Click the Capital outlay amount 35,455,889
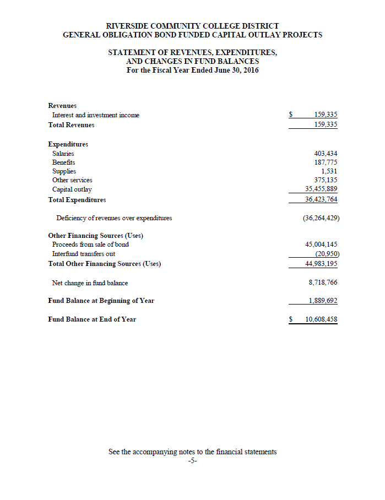click(x=322, y=189)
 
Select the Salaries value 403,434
click(x=326, y=154)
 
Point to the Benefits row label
click(x=64, y=162)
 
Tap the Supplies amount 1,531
click(x=329, y=171)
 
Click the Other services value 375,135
click(x=326, y=180)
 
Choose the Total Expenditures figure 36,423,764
click(x=322, y=199)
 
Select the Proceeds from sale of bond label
click(x=90, y=244)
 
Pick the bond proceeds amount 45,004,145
click(x=322, y=244)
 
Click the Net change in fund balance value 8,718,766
click(x=323, y=282)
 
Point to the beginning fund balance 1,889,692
click(x=323, y=301)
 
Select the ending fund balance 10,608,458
click(x=322, y=319)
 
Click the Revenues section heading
click(x=62, y=105)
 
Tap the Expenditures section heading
click(x=68, y=144)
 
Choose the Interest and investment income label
click(x=96, y=115)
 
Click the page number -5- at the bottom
click(x=192, y=461)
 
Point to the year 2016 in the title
click(x=250, y=70)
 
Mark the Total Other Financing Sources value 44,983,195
click(x=322, y=264)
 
